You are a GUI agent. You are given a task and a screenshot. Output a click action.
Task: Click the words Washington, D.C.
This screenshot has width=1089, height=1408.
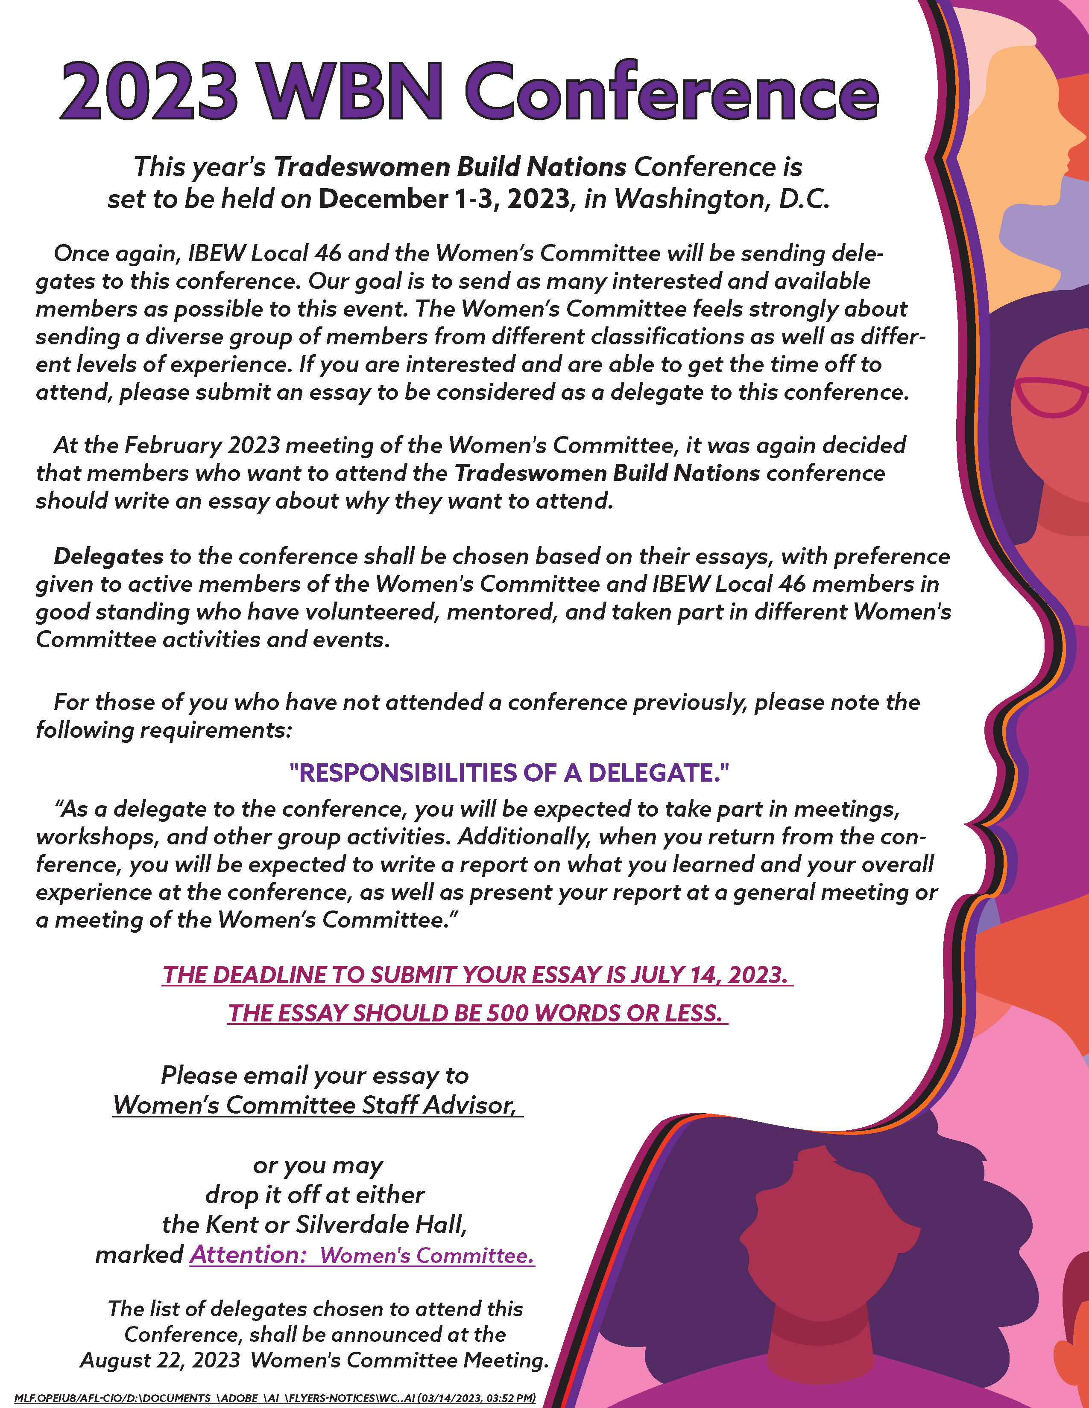(x=720, y=199)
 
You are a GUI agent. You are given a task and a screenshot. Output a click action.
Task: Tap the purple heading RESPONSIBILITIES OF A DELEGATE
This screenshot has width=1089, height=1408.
(x=509, y=772)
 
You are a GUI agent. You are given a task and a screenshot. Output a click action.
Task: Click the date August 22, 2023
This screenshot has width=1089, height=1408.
(x=160, y=1360)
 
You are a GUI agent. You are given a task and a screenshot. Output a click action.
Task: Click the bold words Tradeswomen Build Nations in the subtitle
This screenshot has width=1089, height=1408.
(x=450, y=167)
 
